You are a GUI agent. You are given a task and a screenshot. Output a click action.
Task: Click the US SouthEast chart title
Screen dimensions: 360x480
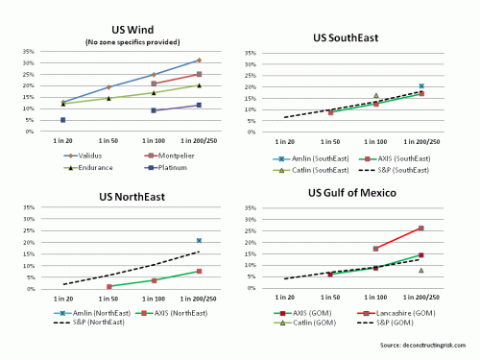point(360,37)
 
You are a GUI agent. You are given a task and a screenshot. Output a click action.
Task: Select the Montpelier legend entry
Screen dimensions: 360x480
point(174,151)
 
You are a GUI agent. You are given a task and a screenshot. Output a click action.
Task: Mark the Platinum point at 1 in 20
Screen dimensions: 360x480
point(63,120)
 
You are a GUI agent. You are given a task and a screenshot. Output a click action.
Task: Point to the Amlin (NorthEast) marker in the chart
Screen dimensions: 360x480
point(199,240)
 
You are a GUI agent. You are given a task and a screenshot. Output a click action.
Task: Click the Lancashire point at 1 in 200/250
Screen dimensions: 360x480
point(421,228)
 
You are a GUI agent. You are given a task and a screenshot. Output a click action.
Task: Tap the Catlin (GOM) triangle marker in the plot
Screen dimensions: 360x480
point(421,270)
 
